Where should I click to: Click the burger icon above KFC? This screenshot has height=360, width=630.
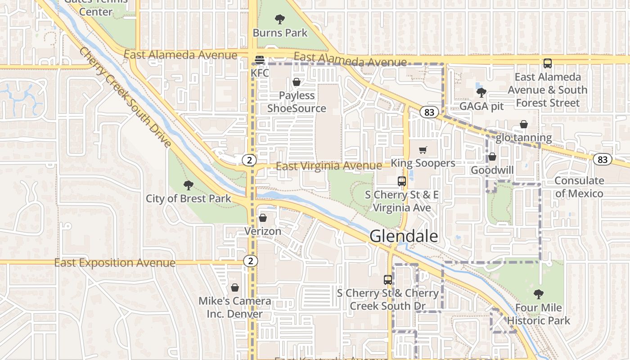coord(260,59)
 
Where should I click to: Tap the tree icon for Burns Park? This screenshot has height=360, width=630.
coord(280,19)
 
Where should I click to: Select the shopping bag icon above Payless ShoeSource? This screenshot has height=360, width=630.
coord(297,82)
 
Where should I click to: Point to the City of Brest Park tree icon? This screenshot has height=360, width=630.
coord(189,185)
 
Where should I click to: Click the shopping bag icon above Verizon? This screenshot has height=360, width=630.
coord(263,218)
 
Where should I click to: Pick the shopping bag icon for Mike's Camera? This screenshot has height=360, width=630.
coord(234,288)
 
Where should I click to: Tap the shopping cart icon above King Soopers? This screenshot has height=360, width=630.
coord(423,150)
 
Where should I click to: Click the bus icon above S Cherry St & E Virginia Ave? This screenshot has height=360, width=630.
coord(402,181)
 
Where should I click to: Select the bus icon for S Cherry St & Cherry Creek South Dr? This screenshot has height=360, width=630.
coord(388,279)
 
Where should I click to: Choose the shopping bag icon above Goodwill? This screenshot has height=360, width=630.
coord(492,157)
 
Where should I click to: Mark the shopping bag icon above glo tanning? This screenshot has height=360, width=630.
coord(524,124)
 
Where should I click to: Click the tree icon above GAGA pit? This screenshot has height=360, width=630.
coord(481,93)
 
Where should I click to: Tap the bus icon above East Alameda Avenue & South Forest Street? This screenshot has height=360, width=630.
coord(548,63)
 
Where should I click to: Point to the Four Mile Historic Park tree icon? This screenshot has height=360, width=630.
coord(538,294)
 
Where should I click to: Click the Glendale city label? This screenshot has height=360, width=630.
coord(404,236)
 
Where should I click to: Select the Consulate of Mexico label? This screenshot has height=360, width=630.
coord(579,187)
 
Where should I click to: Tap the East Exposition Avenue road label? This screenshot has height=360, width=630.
coord(115,263)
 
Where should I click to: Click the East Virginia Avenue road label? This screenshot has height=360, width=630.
coord(329,166)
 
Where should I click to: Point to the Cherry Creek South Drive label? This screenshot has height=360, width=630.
coord(126,97)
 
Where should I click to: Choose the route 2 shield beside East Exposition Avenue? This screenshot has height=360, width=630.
coord(251,261)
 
